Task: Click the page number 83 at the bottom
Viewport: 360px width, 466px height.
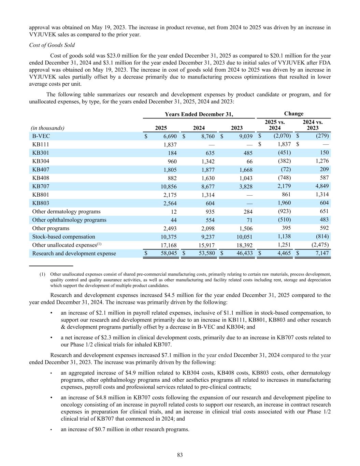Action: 180,455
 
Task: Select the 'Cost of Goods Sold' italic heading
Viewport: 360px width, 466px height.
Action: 52,45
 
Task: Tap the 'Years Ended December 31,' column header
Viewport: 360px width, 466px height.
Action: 199,114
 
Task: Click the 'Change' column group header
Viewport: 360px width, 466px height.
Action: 293,114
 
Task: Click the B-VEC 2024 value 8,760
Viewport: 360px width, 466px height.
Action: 207,136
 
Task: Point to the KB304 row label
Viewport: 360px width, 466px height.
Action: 41,161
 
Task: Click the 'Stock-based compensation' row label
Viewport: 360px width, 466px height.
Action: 63,237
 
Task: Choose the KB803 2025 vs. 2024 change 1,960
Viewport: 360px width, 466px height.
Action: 283,203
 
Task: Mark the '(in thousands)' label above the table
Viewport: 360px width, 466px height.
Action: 47,128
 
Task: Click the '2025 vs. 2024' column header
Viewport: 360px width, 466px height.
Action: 275,125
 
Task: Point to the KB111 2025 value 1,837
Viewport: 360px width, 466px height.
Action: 169,145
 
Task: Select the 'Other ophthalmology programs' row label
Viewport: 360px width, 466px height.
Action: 69,220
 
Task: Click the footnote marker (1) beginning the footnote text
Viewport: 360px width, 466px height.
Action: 42,274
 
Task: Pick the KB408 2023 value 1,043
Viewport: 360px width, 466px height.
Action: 245,178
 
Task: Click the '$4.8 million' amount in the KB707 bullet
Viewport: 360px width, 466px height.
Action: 104,397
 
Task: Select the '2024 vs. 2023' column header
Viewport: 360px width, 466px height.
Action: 313,125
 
